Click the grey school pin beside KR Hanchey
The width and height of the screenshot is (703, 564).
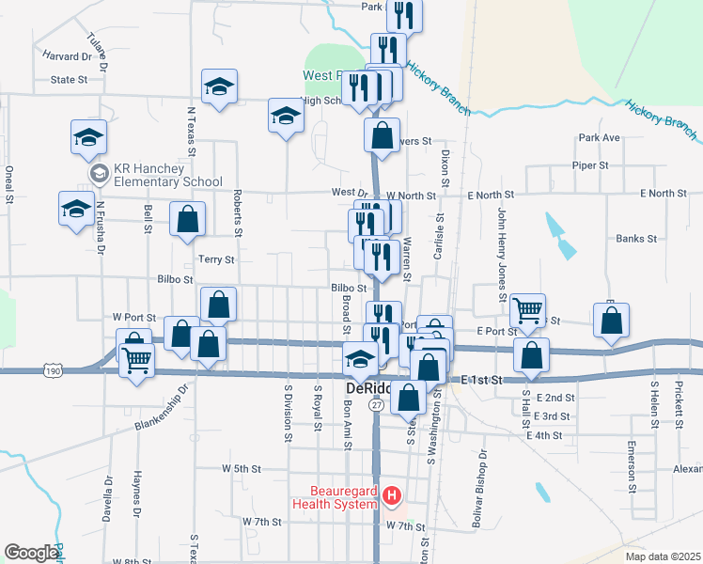coord(98,175)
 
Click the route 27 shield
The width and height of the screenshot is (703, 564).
coord(376,404)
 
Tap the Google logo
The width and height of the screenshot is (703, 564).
coord(31,553)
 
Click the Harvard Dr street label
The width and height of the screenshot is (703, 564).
coord(67,56)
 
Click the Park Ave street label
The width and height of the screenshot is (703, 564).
coord(600,138)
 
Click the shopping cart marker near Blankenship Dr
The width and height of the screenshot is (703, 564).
coord(137,358)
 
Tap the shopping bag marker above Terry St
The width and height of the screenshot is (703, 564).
coord(188,218)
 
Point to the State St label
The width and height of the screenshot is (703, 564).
coord(69,81)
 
